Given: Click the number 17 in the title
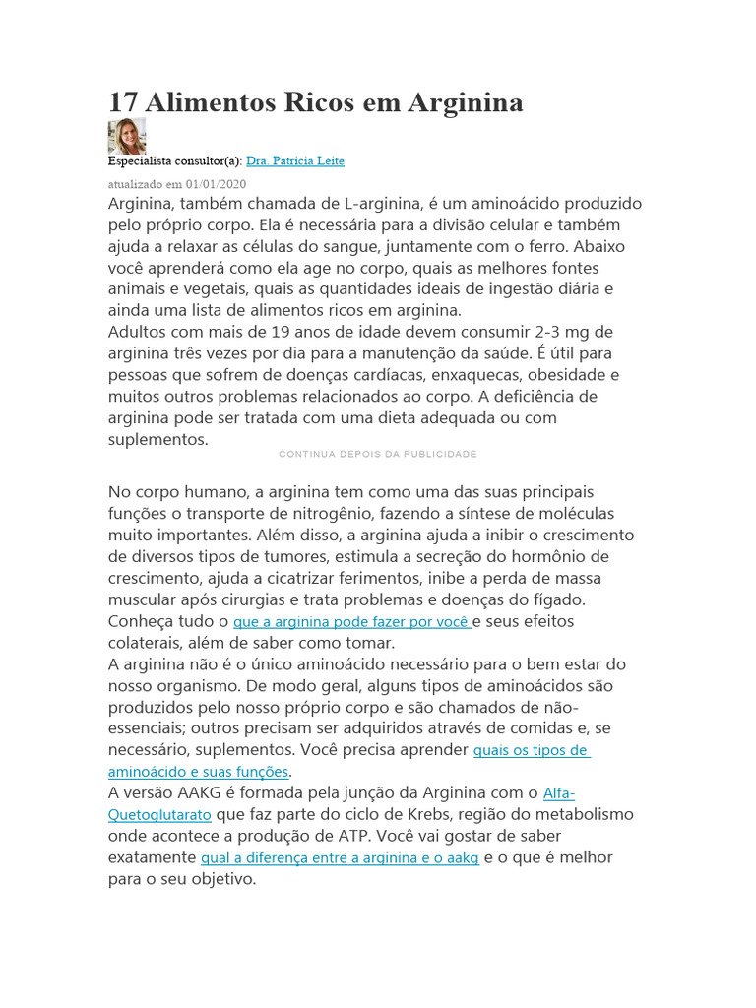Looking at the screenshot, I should (122, 101).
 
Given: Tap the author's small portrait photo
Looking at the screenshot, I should (126, 136).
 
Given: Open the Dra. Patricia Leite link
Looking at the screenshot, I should (294, 160).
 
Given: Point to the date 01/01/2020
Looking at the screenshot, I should (216, 184).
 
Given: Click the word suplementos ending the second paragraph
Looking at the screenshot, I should (157, 439).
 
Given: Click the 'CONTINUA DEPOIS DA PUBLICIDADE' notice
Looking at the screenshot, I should (378, 454).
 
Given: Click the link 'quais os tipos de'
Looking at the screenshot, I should (532, 750).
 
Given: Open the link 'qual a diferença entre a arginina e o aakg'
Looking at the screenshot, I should (340, 858).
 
